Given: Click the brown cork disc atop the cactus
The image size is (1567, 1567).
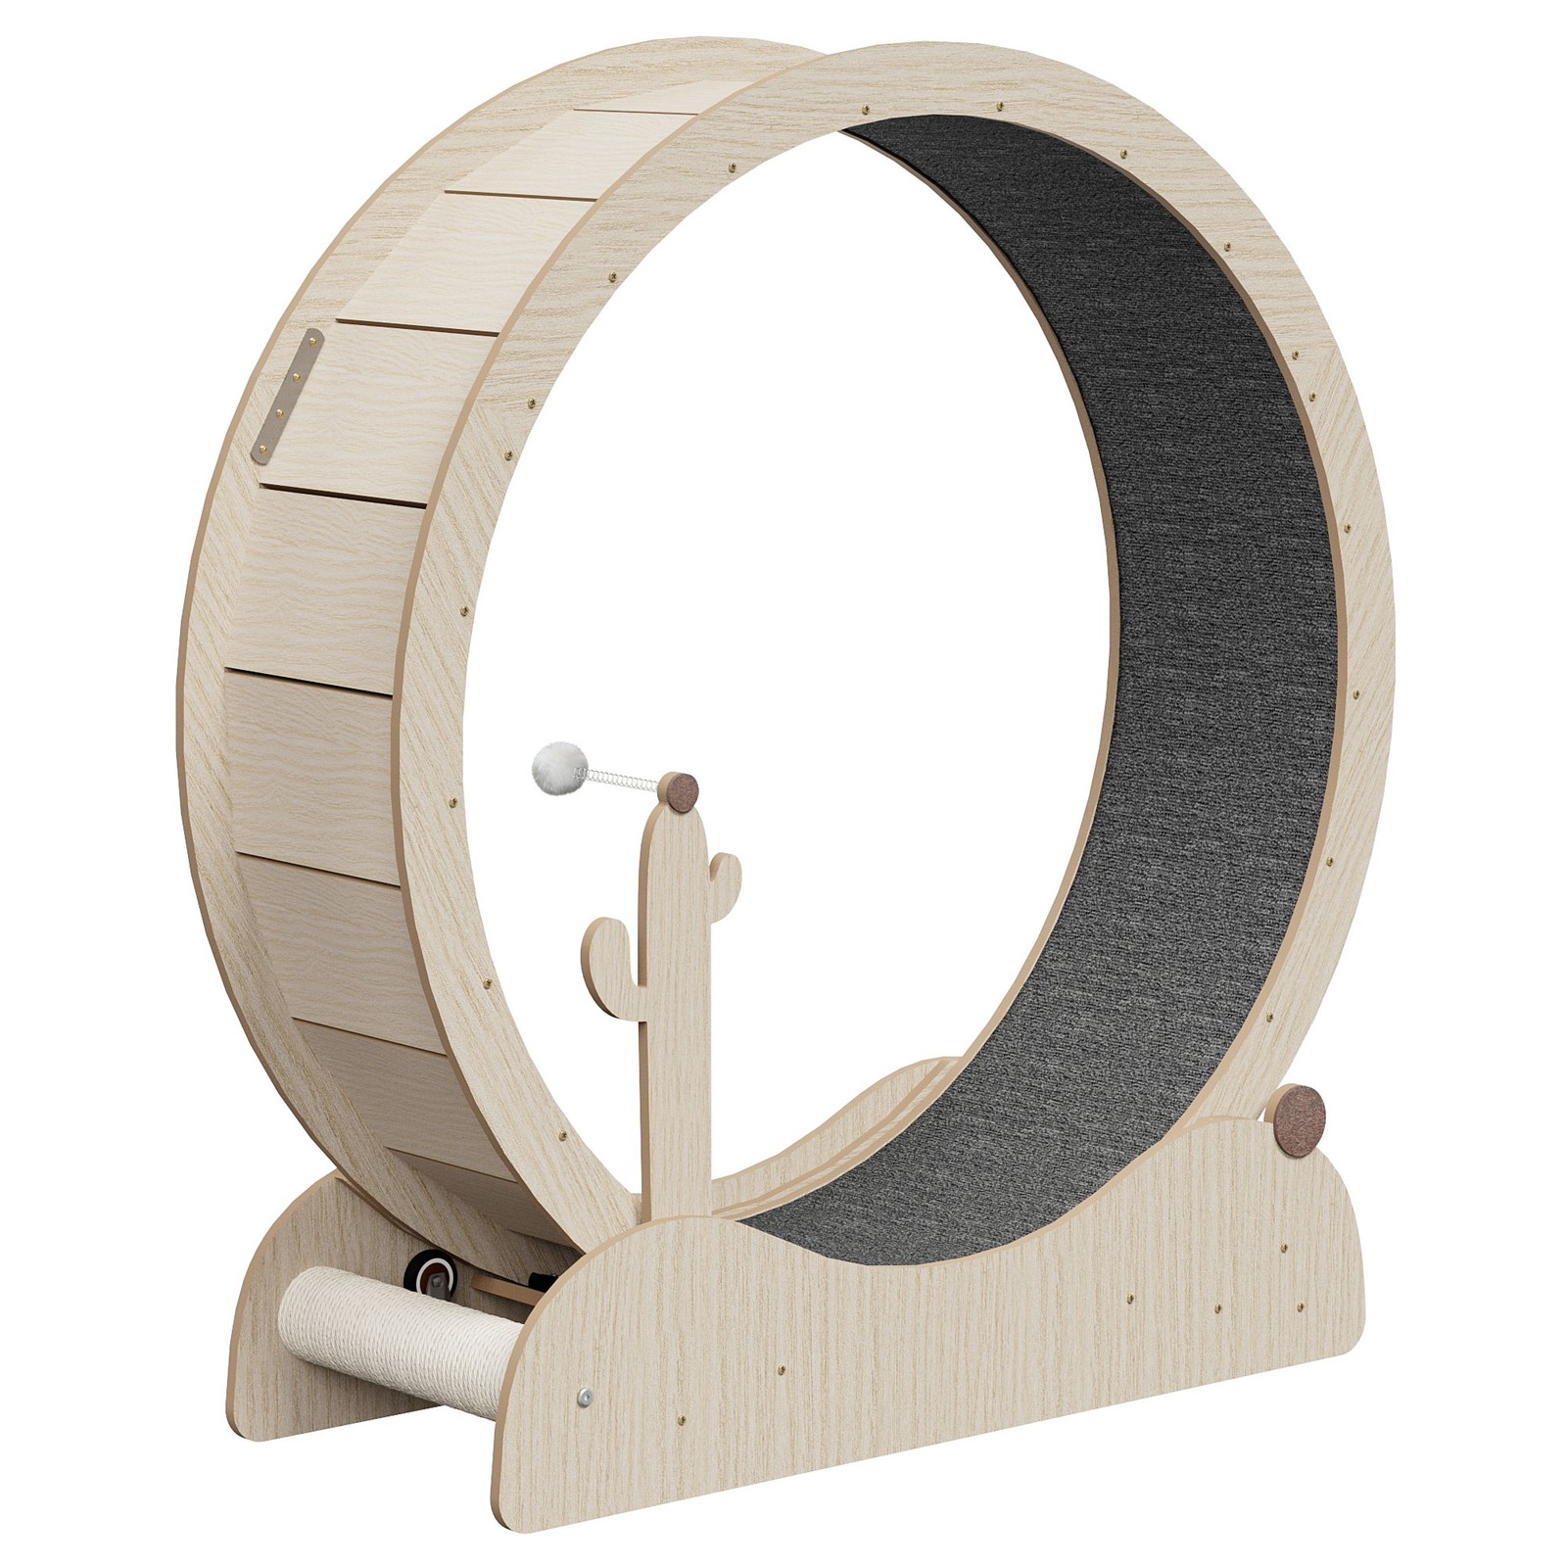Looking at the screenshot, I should pyautogui.click(x=678, y=790).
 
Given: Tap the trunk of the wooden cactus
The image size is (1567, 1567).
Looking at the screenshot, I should pyautogui.click(x=674, y=1028).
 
